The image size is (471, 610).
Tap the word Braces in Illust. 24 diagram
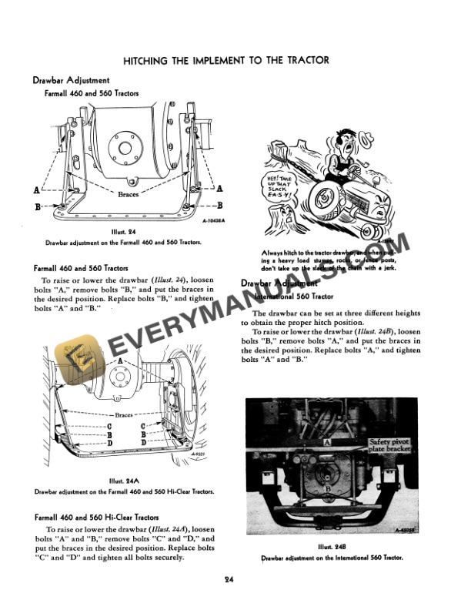129,195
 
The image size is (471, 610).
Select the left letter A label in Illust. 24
37,189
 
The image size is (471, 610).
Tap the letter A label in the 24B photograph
328,443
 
